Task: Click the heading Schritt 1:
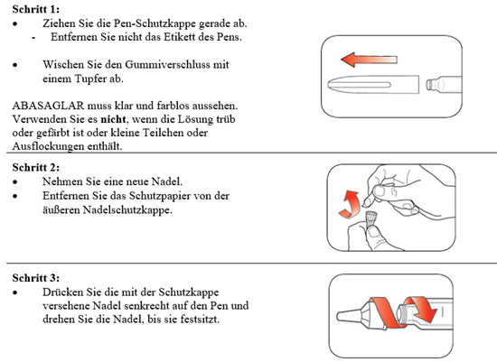[36, 9]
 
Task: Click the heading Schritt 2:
[36, 167]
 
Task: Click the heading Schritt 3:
[36, 278]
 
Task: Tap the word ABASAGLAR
[48, 106]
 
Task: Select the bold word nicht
[113, 119]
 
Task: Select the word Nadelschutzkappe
[127, 210]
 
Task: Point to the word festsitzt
[200, 320]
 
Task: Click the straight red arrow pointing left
[369, 60]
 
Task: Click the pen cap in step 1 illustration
[373, 85]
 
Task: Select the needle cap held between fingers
[370, 219]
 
